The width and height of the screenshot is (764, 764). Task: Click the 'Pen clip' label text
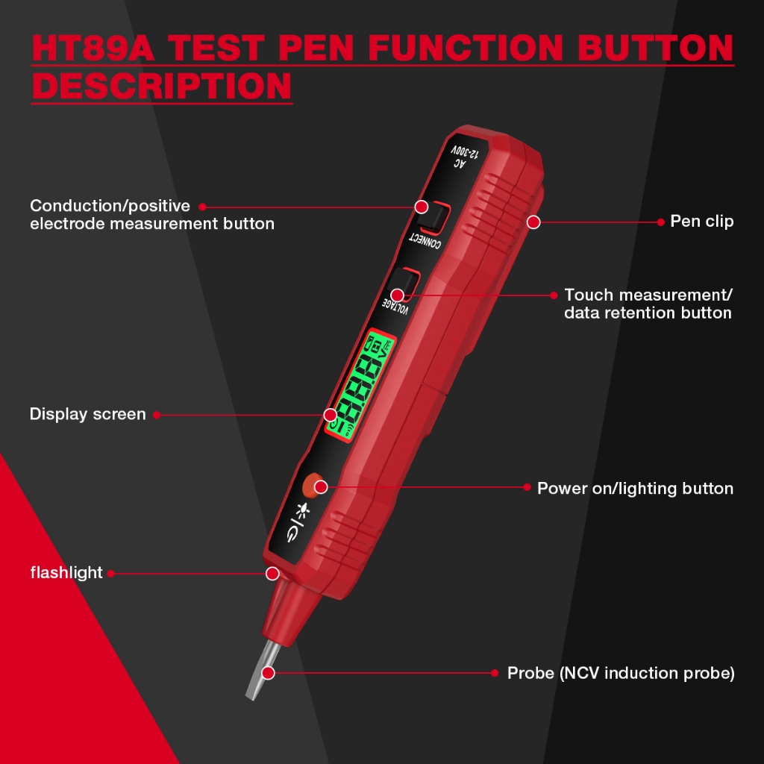click(701, 221)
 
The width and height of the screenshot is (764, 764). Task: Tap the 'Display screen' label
click(88, 414)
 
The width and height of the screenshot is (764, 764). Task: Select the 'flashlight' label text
click(66, 572)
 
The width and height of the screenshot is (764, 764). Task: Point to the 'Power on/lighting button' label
click(635, 488)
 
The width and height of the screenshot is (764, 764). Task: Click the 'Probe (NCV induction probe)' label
click(621, 673)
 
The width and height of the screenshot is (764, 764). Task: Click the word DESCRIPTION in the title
click(162, 87)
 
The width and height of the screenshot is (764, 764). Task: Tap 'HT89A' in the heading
click(93, 48)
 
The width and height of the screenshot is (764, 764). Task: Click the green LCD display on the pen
click(361, 384)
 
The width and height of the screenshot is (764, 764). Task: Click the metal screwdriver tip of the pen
click(260, 670)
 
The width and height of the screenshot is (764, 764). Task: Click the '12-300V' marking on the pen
click(466, 151)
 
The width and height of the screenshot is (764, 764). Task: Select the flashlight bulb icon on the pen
click(303, 510)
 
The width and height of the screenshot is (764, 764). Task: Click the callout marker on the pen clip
click(533, 222)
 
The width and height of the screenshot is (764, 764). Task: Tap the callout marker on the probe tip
click(268, 673)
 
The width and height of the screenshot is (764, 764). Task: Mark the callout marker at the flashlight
click(272, 574)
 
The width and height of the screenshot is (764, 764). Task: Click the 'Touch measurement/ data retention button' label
click(648, 304)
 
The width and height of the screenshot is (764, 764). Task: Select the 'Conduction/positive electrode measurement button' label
click(152, 214)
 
